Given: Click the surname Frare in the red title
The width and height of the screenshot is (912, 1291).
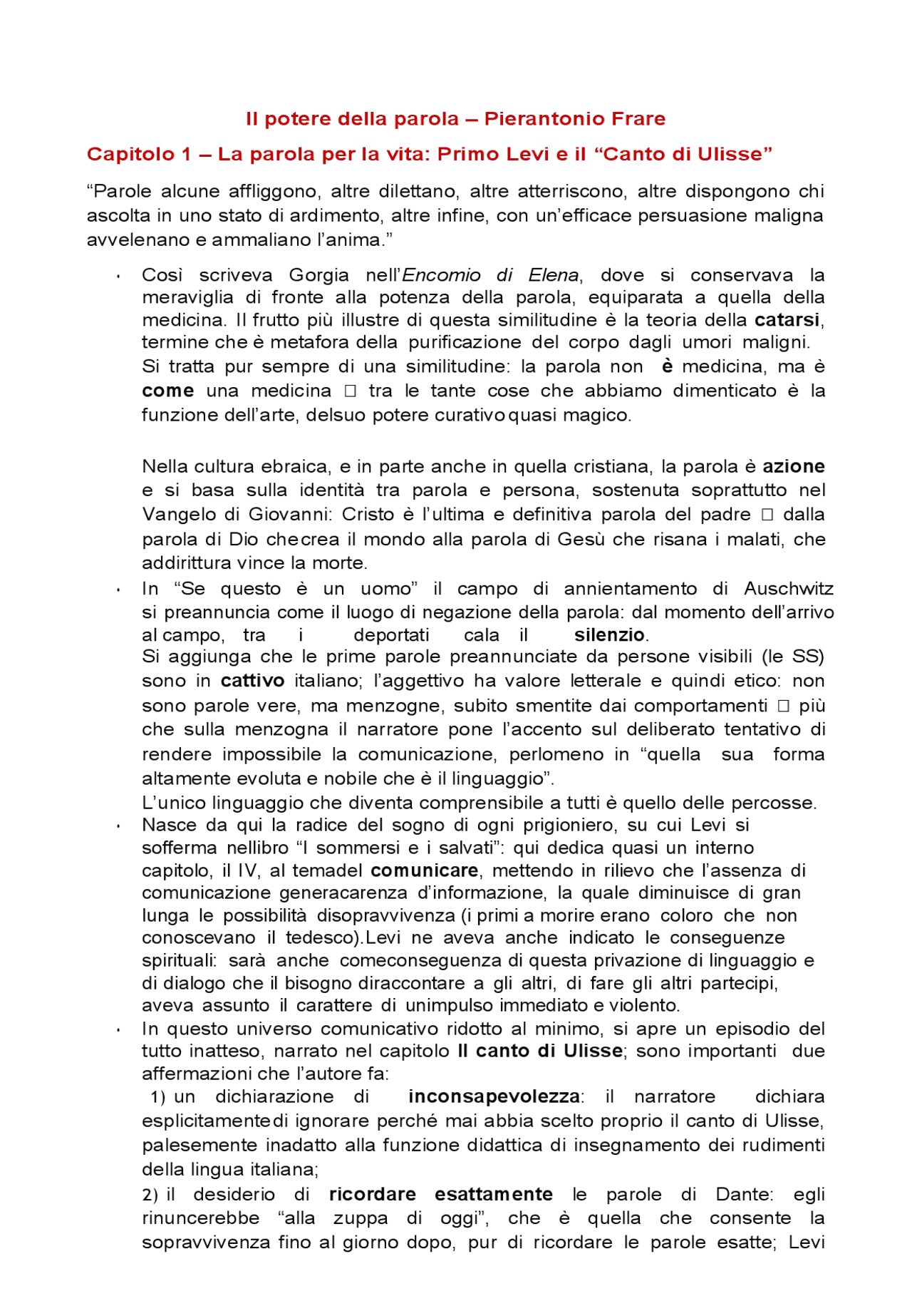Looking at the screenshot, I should (x=633, y=118).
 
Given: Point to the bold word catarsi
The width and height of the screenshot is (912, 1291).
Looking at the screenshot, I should (x=787, y=319).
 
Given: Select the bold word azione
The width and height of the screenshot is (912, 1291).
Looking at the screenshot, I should (x=793, y=466).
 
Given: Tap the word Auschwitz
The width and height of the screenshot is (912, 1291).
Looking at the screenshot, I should (x=789, y=588).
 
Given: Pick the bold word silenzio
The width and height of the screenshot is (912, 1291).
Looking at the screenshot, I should (x=609, y=634).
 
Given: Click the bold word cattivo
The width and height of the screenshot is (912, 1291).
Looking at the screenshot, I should (x=252, y=680).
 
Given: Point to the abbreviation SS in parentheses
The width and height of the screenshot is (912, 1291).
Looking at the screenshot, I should (x=804, y=656).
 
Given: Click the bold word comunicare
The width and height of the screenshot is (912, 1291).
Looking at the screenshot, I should (x=424, y=870).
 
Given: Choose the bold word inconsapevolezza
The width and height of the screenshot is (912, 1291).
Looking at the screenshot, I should (x=494, y=1096).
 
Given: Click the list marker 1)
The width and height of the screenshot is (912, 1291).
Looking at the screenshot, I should (x=158, y=1096).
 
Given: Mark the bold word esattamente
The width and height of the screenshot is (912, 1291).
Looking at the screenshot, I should (x=494, y=1194).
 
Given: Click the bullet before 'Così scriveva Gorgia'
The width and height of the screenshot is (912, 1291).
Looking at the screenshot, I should (x=118, y=277).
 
